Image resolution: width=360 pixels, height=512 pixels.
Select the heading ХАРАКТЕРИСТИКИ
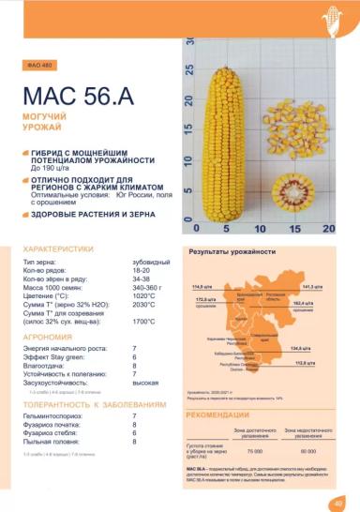point(57,248)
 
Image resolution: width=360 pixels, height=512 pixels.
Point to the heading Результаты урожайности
point(232,252)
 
